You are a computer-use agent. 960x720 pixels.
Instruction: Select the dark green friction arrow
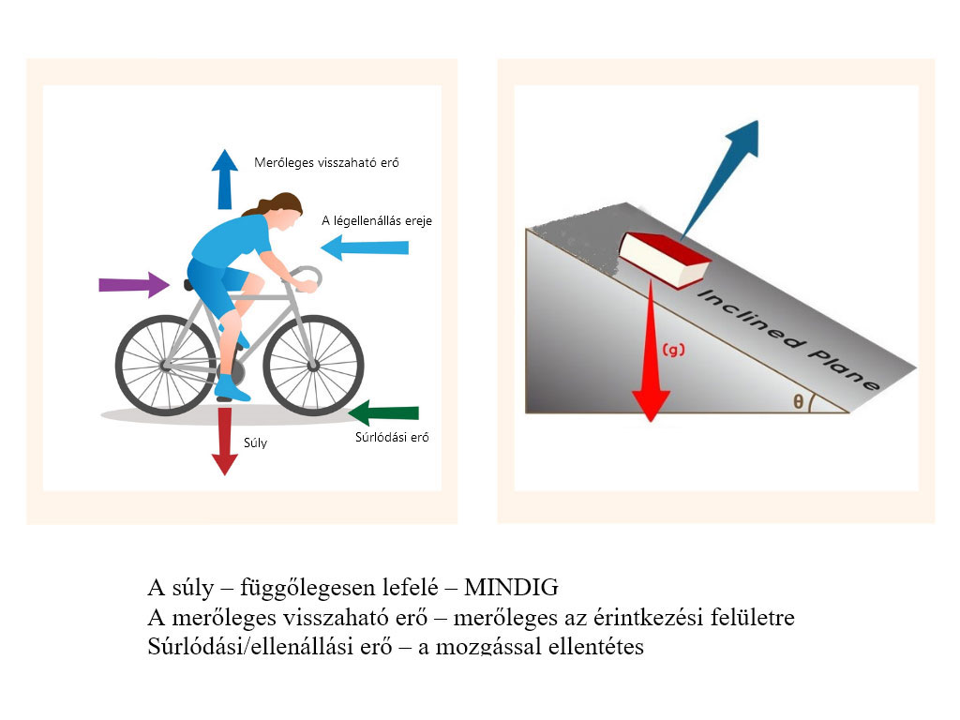point(383,412)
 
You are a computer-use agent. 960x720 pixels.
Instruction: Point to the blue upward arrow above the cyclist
point(224,178)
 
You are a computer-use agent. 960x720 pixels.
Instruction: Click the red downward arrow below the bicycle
point(224,439)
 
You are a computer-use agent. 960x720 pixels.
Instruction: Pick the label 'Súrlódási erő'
point(391,437)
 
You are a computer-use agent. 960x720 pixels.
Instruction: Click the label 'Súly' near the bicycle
point(255,442)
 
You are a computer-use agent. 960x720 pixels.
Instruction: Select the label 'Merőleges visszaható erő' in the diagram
point(326,162)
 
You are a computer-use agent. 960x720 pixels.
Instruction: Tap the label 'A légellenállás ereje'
point(376,221)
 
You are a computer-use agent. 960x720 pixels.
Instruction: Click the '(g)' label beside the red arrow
point(673,350)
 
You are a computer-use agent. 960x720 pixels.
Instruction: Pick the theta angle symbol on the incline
point(798,401)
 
